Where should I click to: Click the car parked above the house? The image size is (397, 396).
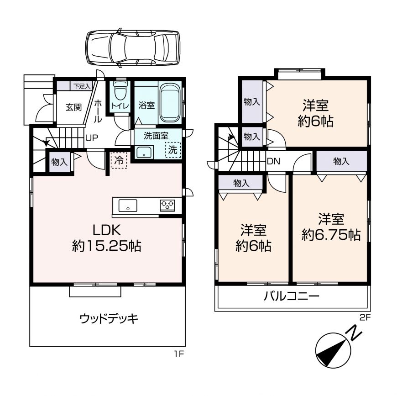click(x=133, y=48)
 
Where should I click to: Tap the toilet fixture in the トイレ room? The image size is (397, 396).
click(x=120, y=91)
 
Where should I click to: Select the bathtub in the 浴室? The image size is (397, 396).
click(x=170, y=103)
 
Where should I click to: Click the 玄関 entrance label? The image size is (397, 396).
click(x=73, y=107)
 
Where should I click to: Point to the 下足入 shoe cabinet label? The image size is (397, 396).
click(x=82, y=86)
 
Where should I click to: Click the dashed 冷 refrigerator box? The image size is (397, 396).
click(x=119, y=160)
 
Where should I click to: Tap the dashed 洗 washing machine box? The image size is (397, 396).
click(x=172, y=150)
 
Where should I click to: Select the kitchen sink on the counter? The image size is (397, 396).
click(x=128, y=206)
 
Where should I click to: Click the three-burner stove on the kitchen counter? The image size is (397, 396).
click(x=167, y=206)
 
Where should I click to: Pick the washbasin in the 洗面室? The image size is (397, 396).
click(x=144, y=152)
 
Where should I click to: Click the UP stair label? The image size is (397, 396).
click(x=92, y=138)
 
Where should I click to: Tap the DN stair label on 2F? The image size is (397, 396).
click(x=273, y=161)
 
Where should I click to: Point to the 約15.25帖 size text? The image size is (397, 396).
click(x=106, y=246)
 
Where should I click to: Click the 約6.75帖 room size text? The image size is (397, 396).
click(x=331, y=235)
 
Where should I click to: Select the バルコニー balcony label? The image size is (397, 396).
click(x=292, y=296)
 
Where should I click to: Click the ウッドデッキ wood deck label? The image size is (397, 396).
click(x=109, y=318)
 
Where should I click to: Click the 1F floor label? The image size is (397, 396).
click(x=178, y=354)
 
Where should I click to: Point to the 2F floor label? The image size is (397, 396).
click(x=365, y=317)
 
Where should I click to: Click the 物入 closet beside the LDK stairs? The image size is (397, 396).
click(x=60, y=162)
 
